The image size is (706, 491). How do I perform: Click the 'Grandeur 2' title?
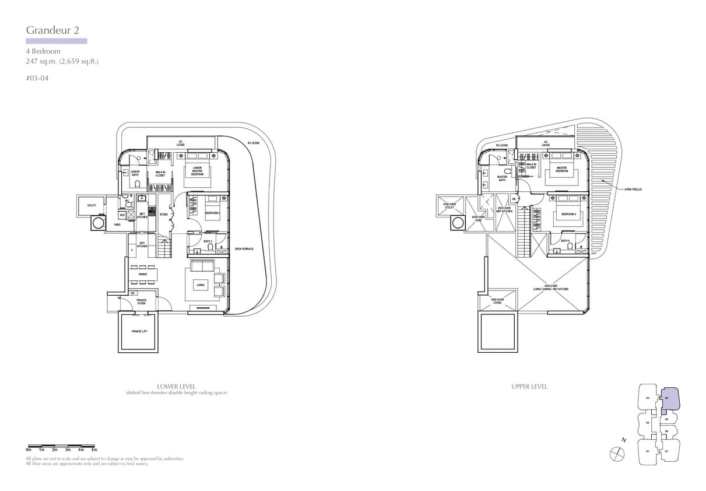[x=52, y=30]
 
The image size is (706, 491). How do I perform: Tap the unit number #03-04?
[x=37, y=78]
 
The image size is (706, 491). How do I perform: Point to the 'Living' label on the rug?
[x=200, y=285]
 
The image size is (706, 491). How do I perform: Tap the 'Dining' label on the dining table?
[x=143, y=274]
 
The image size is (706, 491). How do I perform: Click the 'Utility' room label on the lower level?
[x=92, y=205]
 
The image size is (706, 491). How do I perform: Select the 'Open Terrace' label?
[x=244, y=249]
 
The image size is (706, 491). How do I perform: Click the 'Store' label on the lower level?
[x=164, y=214]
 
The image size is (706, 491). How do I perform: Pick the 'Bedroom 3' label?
[x=212, y=213]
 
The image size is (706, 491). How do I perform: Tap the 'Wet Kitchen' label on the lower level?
[x=142, y=215]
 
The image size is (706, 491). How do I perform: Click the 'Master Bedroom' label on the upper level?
[x=561, y=170]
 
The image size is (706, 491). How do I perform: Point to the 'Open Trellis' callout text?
[x=633, y=189]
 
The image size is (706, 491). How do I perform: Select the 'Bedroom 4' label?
[x=568, y=214]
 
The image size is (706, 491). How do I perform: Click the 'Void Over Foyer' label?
[x=497, y=301]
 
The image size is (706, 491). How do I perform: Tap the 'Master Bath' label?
[x=502, y=178]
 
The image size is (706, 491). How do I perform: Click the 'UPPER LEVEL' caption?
[x=529, y=386]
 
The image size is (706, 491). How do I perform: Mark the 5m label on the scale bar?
[x=94, y=450]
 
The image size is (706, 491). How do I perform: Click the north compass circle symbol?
[x=616, y=453]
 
